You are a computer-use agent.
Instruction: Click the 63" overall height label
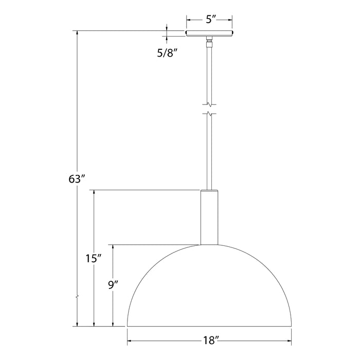76,179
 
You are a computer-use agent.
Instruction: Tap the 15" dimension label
92,259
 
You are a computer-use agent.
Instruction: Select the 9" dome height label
113,284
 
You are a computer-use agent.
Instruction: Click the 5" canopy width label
209,21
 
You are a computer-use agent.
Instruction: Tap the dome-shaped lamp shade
209,288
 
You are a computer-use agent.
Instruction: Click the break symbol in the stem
209,107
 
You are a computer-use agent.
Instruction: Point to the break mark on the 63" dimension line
77,297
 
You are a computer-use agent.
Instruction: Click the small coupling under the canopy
209,41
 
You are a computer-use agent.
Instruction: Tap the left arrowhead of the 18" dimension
130,340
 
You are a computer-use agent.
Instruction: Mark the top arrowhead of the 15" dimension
94,193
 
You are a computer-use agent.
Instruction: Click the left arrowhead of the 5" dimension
189,21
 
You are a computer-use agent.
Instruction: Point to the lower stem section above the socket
209,154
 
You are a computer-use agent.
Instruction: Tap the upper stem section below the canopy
209,72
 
